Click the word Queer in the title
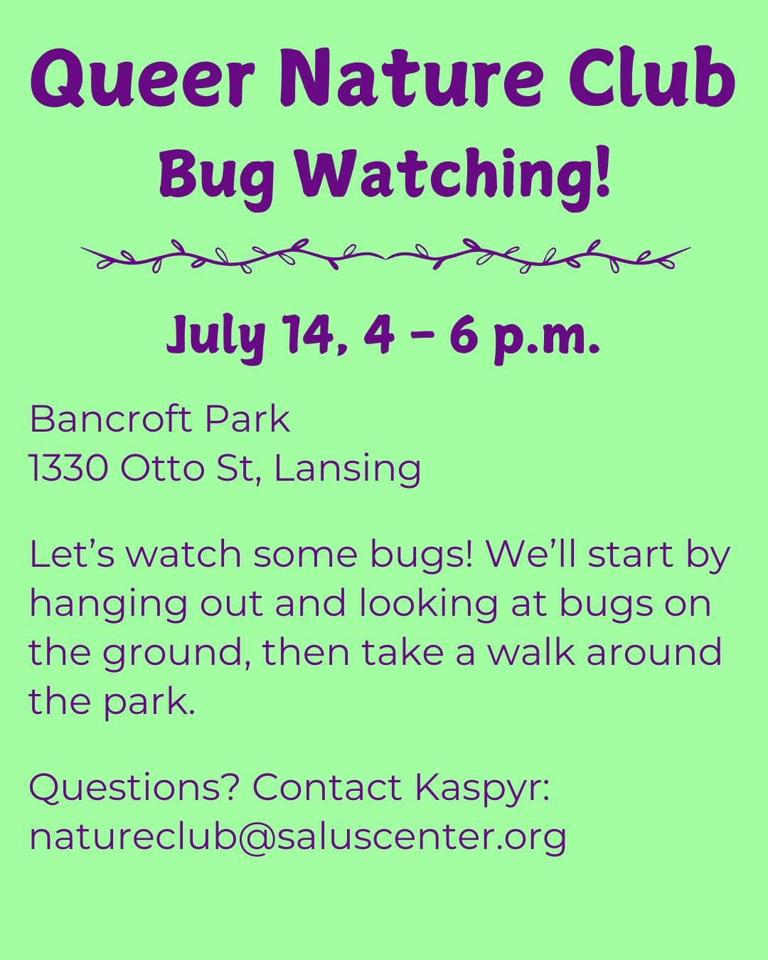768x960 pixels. click(x=142, y=78)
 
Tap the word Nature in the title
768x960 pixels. click(x=412, y=78)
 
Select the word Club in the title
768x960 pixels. click(x=652, y=76)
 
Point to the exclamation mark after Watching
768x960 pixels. click(x=603, y=171)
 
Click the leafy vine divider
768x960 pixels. click(x=385, y=255)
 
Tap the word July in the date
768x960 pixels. click(x=216, y=338)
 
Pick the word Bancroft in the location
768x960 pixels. click(x=111, y=419)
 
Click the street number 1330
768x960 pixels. click(x=69, y=468)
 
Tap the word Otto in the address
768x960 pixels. click(x=162, y=468)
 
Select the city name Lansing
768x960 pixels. click(x=348, y=470)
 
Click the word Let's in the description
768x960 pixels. click(x=72, y=554)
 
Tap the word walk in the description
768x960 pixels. click(x=530, y=652)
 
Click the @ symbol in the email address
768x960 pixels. click(x=257, y=838)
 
